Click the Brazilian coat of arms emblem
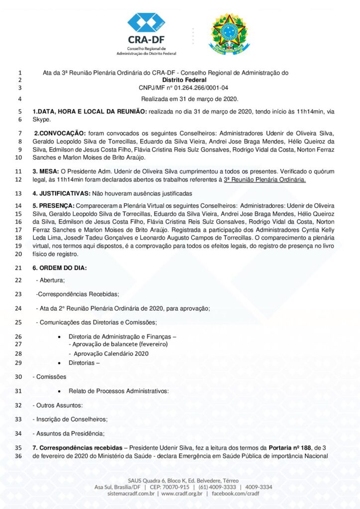(x=229, y=34)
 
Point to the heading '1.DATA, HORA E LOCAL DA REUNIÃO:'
(x=90, y=111)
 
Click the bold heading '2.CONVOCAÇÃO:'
(x=60, y=133)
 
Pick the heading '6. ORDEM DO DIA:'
(x=60, y=268)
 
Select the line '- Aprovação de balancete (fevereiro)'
(x=118, y=344)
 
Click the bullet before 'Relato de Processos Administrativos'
(x=60, y=392)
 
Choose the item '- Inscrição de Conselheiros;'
(x=70, y=419)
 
